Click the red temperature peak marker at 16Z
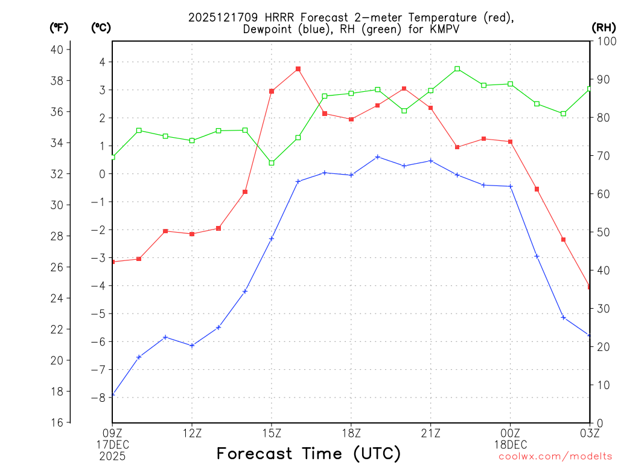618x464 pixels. (298, 69)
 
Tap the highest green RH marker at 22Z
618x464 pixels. (457, 69)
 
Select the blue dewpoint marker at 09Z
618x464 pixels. (113, 395)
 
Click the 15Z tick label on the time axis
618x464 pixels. (272, 433)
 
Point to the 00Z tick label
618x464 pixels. (511, 433)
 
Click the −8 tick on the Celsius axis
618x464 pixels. (98, 398)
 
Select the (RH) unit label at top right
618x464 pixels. (604, 27)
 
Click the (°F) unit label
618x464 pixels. (59, 27)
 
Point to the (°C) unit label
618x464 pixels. (101, 27)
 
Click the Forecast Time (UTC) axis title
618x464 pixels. (308, 453)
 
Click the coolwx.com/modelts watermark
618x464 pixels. (555, 456)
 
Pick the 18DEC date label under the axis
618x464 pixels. (511, 444)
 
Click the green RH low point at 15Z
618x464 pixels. (272, 163)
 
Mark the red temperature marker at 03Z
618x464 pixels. (589, 286)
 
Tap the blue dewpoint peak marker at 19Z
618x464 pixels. (378, 157)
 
